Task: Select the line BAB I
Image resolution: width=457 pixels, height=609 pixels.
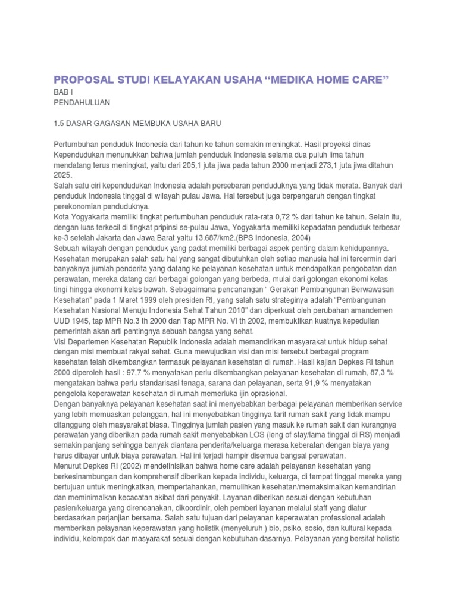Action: point(62,93)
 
